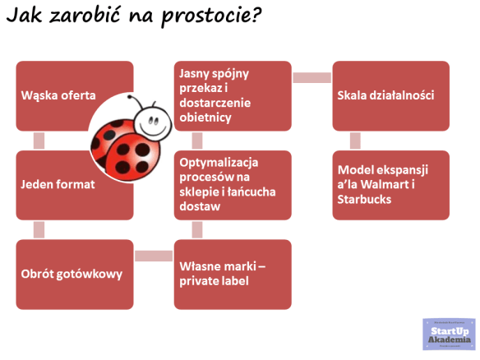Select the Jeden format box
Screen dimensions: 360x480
click(x=58, y=184)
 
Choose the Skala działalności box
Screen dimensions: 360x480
click(x=390, y=95)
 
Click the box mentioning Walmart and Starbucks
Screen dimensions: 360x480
click(x=390, y=184)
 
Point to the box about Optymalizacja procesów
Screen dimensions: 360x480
click(x=232, y=184)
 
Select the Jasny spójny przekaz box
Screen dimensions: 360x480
click(x=232, y=95)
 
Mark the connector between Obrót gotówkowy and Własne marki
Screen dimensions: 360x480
click(x=154, y=256)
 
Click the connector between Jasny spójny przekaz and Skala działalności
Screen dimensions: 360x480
click(x=312, y=77)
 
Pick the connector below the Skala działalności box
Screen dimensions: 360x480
click(x=355, y=140)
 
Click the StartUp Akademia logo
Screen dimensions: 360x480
click(x=449, y=335)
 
